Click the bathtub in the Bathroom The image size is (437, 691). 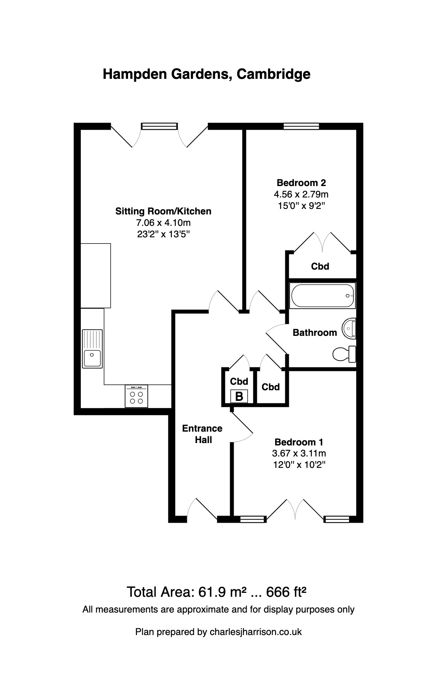(x=323, y=296)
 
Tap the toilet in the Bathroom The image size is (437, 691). (x=344, y=354)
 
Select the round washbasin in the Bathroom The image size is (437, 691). (x=349, y=328)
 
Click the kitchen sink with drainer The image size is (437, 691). (x=92, y=349)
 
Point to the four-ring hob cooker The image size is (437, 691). (x=136, y=396)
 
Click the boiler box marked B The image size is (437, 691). (x=239, y=396)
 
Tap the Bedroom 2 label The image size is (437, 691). (x=301, y=183)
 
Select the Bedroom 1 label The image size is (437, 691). (x=299, y=442)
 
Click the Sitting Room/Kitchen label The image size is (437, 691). (x=163, y=211)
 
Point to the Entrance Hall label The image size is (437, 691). (x=203, y=434)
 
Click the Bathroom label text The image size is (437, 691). (x=315, y=333)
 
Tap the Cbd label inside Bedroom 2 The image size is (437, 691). (x=320, y=266)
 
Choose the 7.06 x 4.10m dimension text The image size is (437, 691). (x=163, y=223)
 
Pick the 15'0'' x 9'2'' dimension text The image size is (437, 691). (x=301, y=205)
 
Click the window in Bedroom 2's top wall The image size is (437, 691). (x=301, y=126)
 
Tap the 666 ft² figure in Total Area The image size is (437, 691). (x=286, y=592)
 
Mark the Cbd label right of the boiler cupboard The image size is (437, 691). (x=271, y=387)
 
